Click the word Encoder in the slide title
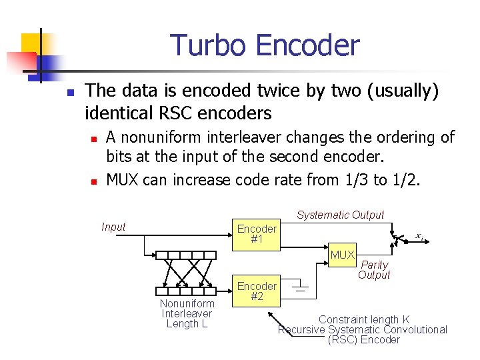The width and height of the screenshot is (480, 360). pyautogui.click(x=307, y=45)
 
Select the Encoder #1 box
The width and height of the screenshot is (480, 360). pyautogui.click(x=257, y=234)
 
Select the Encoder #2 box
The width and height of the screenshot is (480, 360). pyautogui.click(x=257, y=291)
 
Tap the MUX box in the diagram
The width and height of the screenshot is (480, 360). pyautogui.click(x=343, y=255)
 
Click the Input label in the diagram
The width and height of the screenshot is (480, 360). pyautogui.click(x=113, y=227)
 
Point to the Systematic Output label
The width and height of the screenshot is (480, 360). pyautogui.click(x=340, y=215)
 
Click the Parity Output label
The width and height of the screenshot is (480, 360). pyautogui.click(x=374, y=270)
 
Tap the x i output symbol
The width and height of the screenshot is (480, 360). pyautogui.click(x=419, y=236)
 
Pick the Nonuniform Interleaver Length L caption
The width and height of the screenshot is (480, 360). pyautogui.click(x=187, y=313)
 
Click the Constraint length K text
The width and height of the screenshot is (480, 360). pyautogui.click(x=364, y=319)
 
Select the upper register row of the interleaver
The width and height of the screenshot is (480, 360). pyautogui.click(x=186, y=255)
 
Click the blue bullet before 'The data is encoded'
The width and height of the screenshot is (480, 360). pyautogui.click(x=69, y=92)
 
